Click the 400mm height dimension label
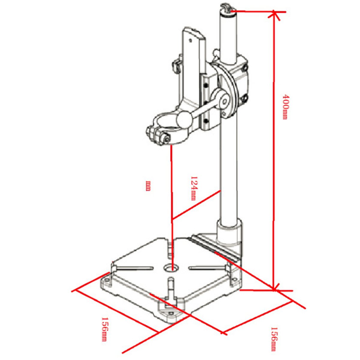(x=285, y=107)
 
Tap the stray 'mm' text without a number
(x=148, y=186)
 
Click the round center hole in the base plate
(x=171, y=268)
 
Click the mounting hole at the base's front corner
(x=171, y=313)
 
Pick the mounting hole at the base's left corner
(x=106, y=280)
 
